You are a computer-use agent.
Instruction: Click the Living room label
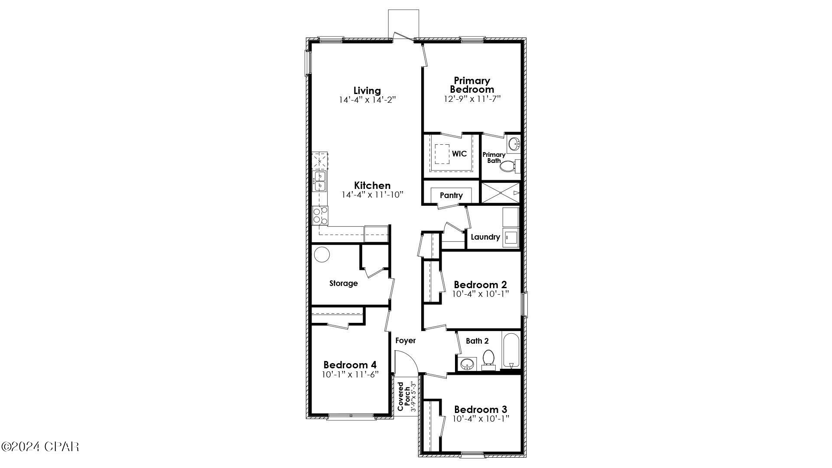coord(367,91)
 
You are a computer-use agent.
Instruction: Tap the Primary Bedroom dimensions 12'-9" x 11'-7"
coord(472,99)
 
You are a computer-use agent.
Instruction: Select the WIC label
coord(459,154)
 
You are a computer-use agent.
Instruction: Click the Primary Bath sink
coord(513,144)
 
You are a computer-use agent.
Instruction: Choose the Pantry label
coord(451,195)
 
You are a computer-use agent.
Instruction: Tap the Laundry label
coord(485,237)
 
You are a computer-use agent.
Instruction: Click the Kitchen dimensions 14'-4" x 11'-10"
coord(372,195)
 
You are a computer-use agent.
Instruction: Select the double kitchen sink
coord(320,181)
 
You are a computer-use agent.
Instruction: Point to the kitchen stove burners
coord(320,215)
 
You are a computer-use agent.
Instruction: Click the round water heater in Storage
coord(322,255)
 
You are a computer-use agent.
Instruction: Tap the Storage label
coord(344,283)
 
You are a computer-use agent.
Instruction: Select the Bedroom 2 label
coord(480,285)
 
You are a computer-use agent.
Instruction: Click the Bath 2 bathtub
coord(511,350)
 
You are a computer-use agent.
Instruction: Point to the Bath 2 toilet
coord(488,359)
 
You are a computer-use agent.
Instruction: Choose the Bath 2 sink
coord(467,364)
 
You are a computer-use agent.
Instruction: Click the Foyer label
coord(406,341)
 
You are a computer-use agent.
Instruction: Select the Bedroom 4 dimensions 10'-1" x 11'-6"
coord(350,374)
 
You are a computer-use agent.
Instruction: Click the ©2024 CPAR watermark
coord(40,446)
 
